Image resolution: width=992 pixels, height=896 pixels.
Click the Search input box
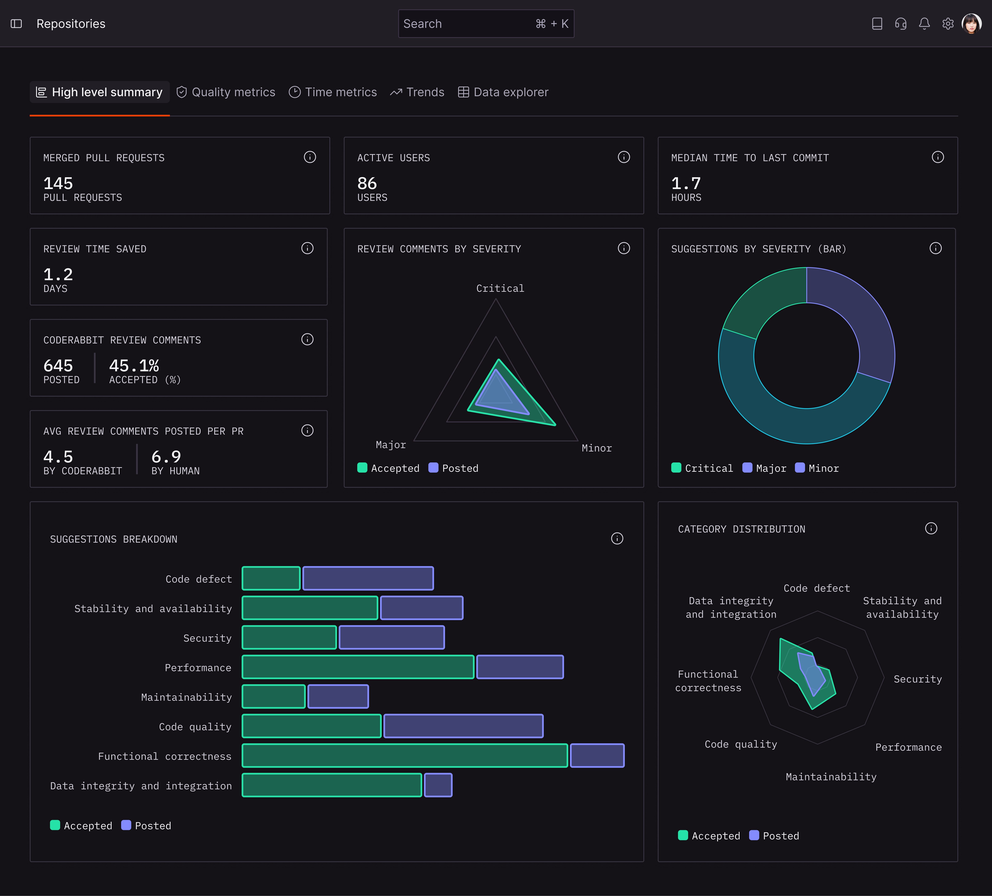point(467,24)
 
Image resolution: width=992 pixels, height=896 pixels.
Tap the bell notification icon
point(924,24)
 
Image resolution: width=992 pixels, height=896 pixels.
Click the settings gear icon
point(948,24)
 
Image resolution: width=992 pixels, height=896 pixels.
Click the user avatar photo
point(971,24)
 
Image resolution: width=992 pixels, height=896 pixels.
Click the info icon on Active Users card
point(623,157)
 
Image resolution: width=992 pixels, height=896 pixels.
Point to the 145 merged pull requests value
point(58,184)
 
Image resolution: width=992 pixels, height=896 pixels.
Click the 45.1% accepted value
point(134,366)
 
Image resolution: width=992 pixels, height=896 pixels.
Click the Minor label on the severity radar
point(596,448)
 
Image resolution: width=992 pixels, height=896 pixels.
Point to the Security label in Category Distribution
point(917,679)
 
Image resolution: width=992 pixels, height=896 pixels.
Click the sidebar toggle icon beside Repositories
point(16,24)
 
